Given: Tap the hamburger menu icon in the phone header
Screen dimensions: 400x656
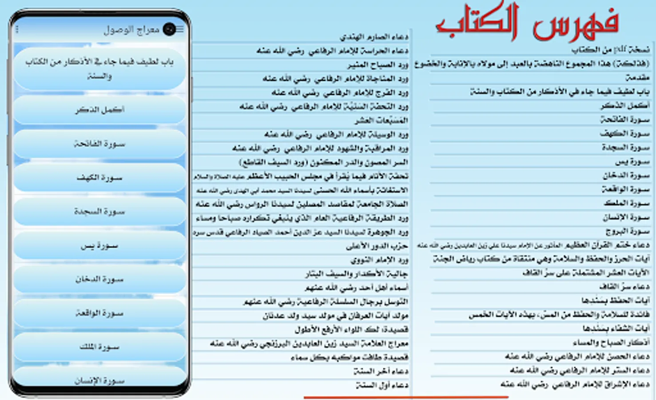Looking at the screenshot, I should click(180, 29).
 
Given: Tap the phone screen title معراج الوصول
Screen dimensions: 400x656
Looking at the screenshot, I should click(131, 30).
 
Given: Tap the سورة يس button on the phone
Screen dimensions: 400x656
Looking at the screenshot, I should click(99, 246).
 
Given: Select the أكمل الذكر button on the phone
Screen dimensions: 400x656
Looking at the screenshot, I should click(99, 110).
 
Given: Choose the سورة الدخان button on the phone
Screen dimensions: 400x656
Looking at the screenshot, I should click(99, 280).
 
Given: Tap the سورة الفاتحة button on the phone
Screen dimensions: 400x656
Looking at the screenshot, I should click(99, 144).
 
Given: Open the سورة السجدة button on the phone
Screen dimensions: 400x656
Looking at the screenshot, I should click(99, 212).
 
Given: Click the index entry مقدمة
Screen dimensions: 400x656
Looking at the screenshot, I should click(638, 78).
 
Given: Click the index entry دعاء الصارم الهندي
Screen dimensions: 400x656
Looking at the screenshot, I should click(374, 37).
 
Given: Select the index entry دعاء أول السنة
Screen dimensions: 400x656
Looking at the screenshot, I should click(382, 385).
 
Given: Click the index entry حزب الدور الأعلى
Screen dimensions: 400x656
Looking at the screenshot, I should click(377, 246).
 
